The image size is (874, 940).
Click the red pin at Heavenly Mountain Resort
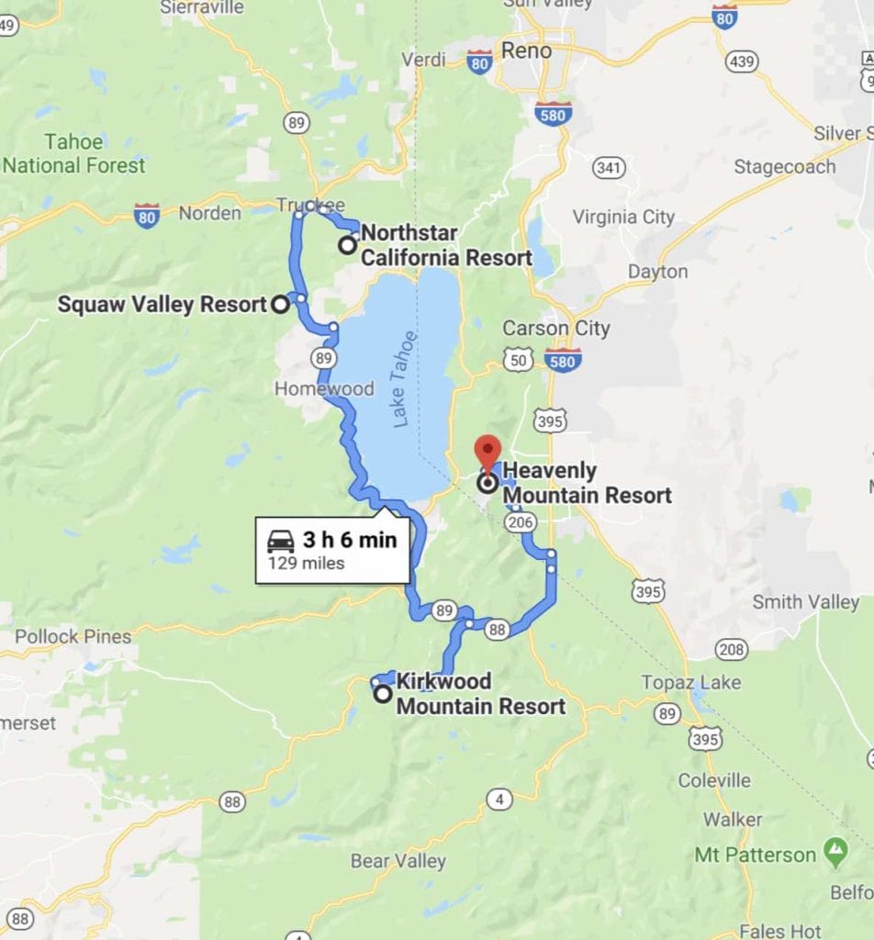tap(487, 453)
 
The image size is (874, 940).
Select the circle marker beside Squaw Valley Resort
tap(280, 305)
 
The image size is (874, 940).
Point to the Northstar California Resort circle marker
tap(347, 245)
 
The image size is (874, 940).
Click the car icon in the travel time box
tap(281, 540)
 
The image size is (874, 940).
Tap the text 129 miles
tap(306, 563)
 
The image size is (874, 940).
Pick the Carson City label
tap(555, 329)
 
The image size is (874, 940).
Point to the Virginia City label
tap(623, 218)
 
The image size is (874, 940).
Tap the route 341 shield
tap(609, 167)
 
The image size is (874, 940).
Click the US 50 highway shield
tap(518, 361)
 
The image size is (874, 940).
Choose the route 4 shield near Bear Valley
tap(499, 800)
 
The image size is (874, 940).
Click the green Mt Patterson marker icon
tap(835, 853)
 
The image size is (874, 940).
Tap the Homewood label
tap(324, 389)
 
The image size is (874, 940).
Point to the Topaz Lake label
tap(691, 683)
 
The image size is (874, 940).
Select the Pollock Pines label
tap(73, 636)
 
